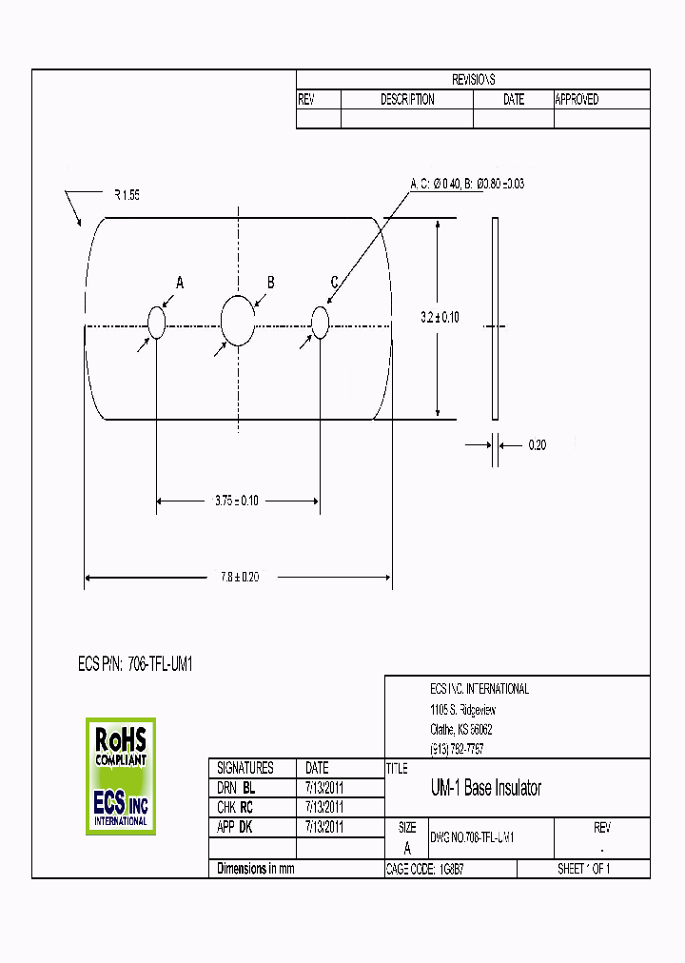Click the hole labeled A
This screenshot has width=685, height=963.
point(157,324)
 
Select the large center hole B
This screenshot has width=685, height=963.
point(238,321)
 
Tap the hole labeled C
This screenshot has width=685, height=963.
point(320,323)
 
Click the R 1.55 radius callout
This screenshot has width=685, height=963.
point(127,194)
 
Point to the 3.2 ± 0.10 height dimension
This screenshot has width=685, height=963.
point(440,318)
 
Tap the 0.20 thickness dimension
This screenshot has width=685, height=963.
point(537,444)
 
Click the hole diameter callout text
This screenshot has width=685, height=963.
point(467,184)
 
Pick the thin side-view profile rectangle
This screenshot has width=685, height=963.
point(495,318)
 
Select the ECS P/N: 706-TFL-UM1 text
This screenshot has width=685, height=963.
point(135,665)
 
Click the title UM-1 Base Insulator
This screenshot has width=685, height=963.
point(486,789)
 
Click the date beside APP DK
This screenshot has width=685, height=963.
point(323,828)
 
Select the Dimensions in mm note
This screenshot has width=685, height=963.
point(256,869)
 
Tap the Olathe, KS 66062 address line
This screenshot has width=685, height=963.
point(461,729)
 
